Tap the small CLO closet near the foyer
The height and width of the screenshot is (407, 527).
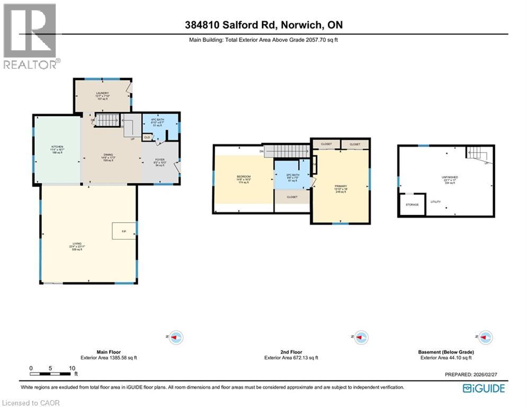[147, 137]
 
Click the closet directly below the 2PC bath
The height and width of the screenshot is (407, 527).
[292, 197]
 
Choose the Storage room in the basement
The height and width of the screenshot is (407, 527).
[412, 205]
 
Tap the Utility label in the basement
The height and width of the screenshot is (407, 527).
[435, 202]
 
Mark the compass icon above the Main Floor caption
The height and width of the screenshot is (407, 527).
[175, 337]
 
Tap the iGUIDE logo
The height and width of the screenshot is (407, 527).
[484, 388]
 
